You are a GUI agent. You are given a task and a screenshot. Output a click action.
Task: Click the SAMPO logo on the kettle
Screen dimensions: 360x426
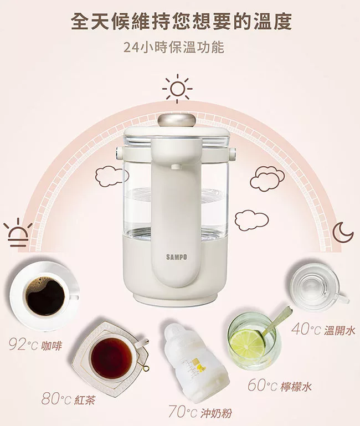[x=176, y=257]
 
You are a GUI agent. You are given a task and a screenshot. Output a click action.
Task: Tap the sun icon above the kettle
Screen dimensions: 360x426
[x=177, y=89]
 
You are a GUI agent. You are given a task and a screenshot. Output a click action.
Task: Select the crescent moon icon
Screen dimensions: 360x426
[x=343, y=232]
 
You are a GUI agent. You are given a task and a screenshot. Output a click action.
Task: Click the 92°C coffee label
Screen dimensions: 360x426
[x=35, y=346]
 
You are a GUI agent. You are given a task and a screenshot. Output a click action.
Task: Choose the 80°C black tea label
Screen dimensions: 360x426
[x=68, y=399]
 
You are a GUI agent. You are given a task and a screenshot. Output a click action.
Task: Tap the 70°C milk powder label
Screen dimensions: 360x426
[x=200, y=412]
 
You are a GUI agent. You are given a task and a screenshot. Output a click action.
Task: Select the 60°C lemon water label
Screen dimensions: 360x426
[x=280, y=386]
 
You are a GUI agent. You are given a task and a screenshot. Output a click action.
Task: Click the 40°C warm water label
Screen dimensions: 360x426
[x=323, y=330]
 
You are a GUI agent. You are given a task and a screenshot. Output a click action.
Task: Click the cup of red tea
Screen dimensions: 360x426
[x=112, y=354]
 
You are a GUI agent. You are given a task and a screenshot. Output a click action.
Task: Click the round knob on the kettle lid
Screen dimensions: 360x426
[x=177, y=120]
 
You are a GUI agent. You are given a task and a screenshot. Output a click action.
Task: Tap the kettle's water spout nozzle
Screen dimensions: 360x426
[x=175, y=166]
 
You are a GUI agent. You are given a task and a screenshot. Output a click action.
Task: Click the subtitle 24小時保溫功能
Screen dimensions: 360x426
[x=174, y=48]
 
